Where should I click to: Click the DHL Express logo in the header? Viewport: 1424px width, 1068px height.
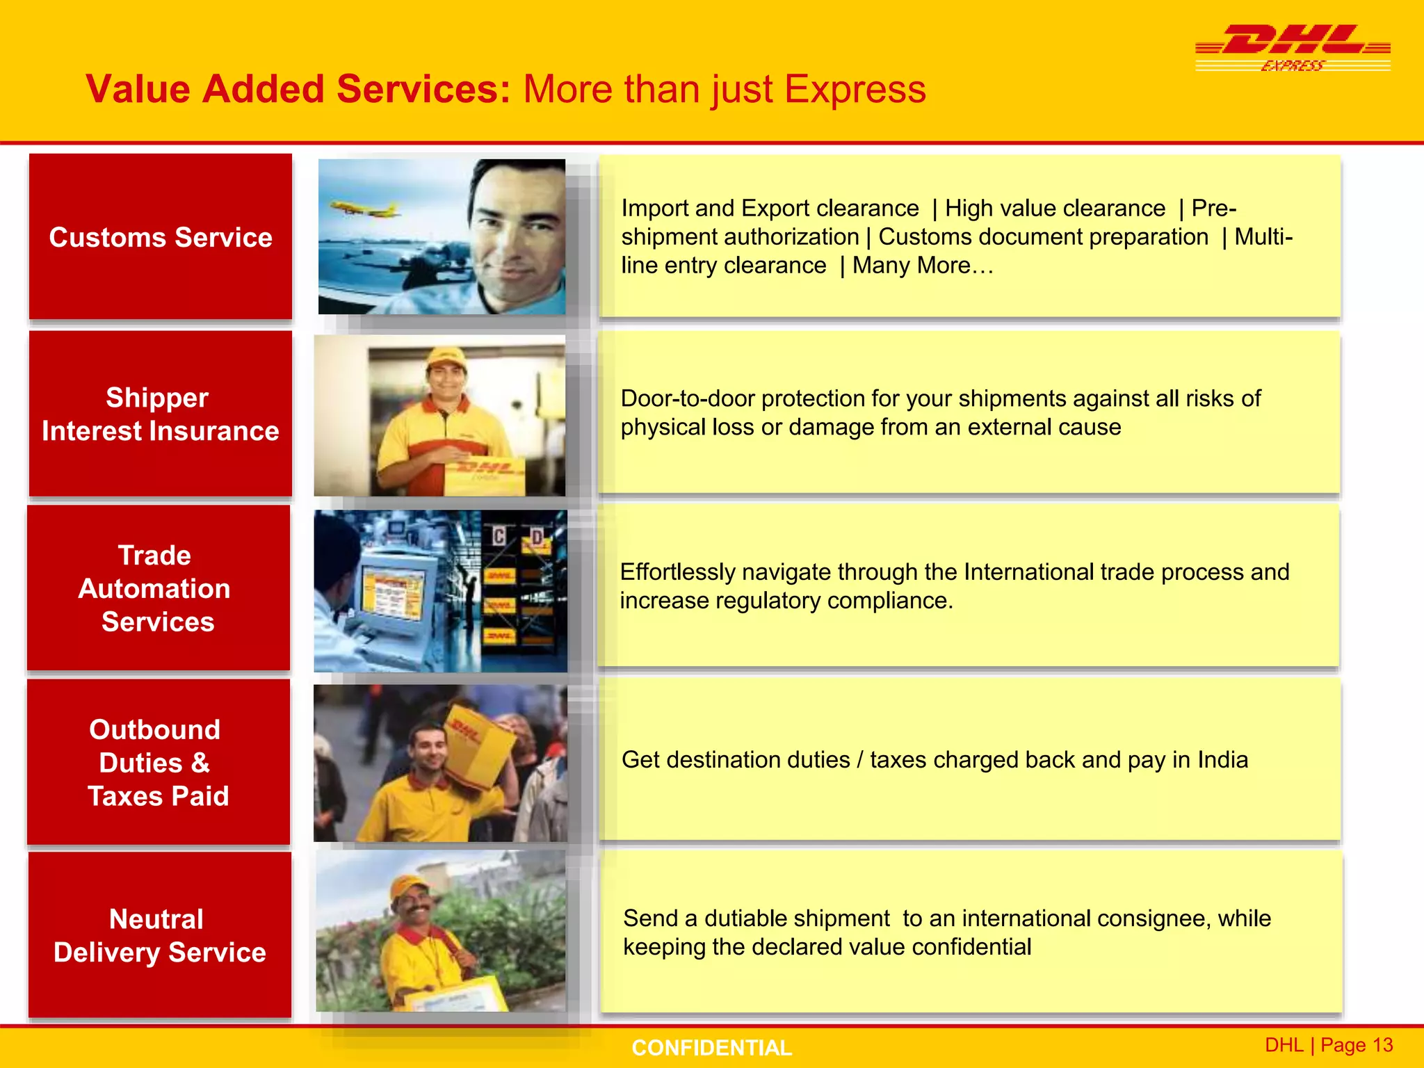[1293, 47]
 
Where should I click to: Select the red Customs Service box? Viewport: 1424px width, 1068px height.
[161, 237]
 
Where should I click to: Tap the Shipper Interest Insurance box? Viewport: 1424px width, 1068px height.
[161, 414]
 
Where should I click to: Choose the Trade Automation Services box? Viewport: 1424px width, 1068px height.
[159, 588]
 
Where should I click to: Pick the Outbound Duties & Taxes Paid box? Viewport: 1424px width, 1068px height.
[159, 762]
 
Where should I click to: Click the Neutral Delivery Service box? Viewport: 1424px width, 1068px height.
[160, 935]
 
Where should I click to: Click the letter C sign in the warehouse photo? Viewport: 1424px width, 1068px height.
[499, 535]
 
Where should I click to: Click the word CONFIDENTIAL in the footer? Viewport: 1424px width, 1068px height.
[711, 1048]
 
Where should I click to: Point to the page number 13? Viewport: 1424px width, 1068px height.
[1382, 1045]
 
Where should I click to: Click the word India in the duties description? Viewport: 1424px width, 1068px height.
[1222, 760]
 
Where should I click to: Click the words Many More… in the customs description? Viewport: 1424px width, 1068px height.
[923, 266]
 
